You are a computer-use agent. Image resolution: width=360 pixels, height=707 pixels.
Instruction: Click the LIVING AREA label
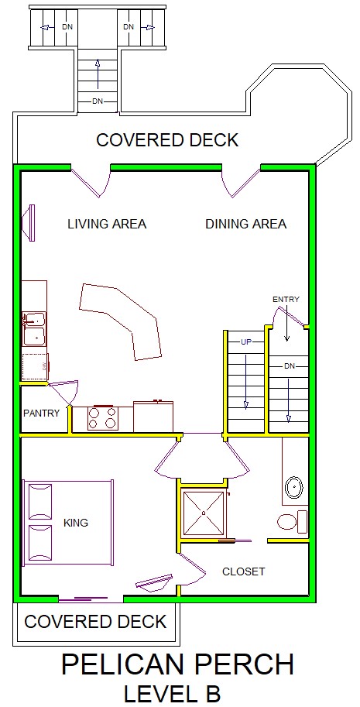[x=107, y=224]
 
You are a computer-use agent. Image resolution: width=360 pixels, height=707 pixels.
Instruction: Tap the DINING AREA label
[x=246, y=224]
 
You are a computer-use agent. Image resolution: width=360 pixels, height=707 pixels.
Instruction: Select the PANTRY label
[x=42, y=413]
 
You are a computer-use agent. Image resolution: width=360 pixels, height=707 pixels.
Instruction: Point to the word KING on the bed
[x=76, y=523]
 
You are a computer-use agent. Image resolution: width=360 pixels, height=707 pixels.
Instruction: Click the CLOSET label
[x=243, y=571]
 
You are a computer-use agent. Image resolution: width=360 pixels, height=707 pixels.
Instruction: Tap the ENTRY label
[x=286, y=300]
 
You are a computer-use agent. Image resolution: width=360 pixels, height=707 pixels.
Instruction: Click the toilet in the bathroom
[x=292, y=522]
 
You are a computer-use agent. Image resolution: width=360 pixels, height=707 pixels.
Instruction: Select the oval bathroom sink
[x=294, y=487]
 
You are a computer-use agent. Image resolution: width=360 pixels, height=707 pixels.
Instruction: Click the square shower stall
[x=203, y=513]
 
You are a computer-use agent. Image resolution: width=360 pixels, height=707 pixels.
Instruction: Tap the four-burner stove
[x=103, y=418]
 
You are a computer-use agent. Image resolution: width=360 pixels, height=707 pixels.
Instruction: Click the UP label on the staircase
[x=245, y=342]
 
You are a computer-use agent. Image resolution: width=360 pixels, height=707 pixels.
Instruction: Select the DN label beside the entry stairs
[x=290, y=366]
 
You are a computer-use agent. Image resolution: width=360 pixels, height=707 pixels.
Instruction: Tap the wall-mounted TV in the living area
[x=29, y=223]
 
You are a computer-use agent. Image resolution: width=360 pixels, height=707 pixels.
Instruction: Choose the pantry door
[x=62, y=393]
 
